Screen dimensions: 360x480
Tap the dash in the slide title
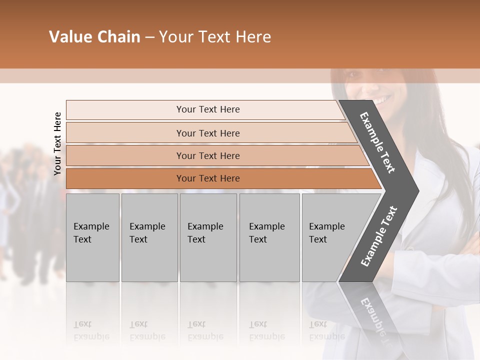pos(149,37)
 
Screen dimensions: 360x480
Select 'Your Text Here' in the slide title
pos(215,37)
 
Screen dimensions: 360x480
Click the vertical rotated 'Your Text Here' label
pos(57,143)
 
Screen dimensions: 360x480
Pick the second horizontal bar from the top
pos(208,133)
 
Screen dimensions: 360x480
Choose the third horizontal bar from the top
pos(208,155)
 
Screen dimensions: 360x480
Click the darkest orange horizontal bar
pos(208,178)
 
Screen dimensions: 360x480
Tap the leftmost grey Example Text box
pos(92,237)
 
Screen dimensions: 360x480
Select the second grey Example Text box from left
pos(149,237)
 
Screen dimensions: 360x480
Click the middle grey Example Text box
pos(208,237)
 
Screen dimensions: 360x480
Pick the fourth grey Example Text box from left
pos(269,237)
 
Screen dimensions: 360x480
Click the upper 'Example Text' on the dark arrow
pos(377,142)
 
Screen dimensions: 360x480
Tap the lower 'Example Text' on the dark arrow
pos(379,236)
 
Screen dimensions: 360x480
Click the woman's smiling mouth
pos(383,100)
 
